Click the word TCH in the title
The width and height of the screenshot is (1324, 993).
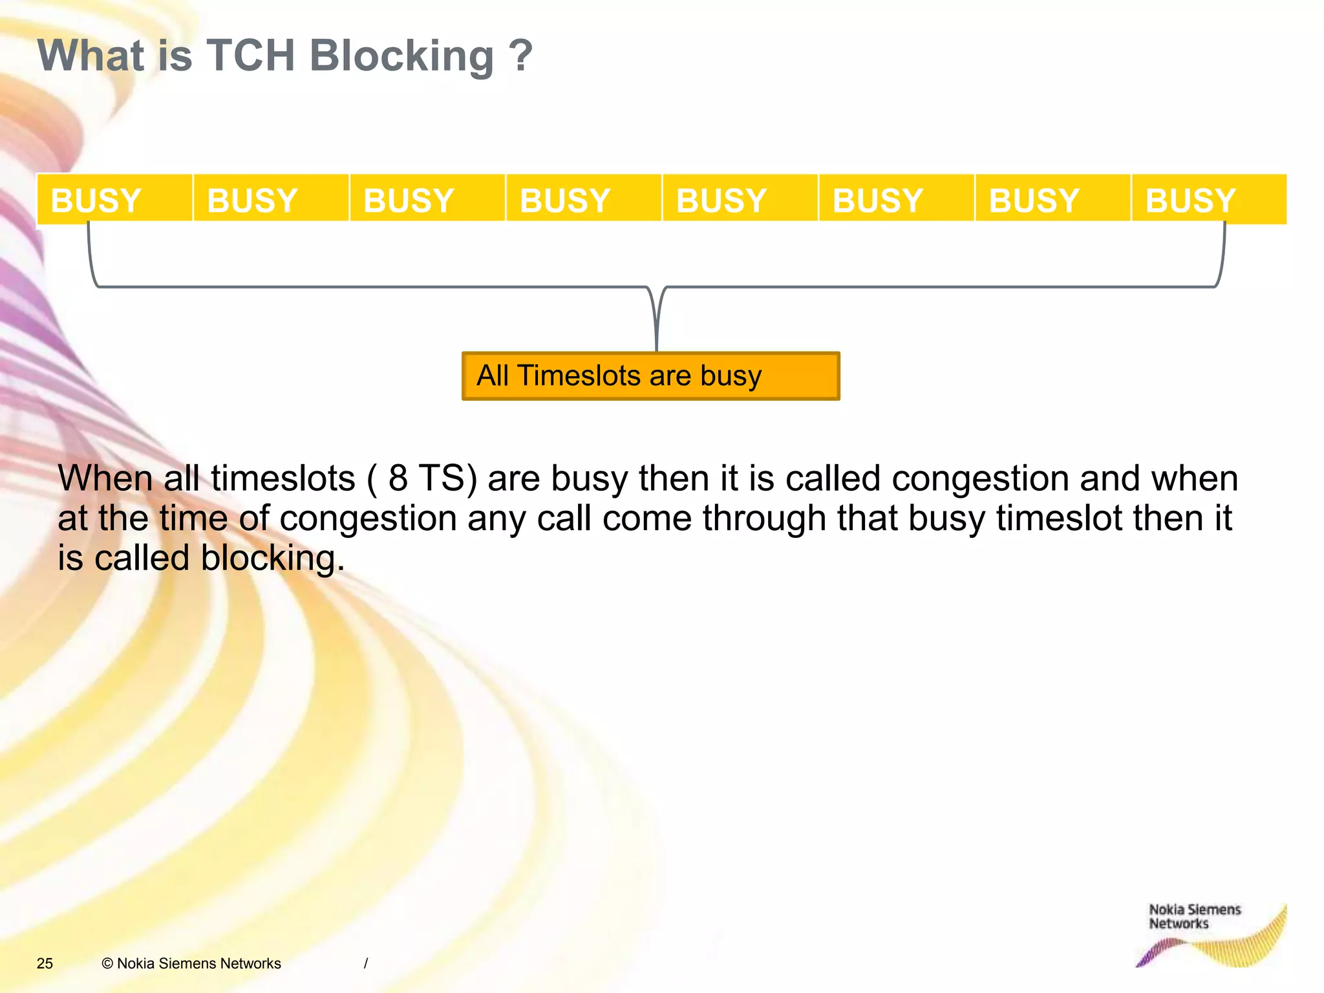pos(251,56)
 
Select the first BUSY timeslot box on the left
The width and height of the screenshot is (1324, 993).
pos(114,199)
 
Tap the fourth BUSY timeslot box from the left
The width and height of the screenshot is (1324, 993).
pos(583,199)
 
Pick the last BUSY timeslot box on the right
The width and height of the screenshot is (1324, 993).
pos(1208,199)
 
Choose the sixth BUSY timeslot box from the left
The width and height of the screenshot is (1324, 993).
pos(896,199)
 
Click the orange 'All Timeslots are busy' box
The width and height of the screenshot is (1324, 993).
pos(650,376)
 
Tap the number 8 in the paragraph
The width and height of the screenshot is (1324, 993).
pos(398,478)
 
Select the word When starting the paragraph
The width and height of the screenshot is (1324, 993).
pos(105,478)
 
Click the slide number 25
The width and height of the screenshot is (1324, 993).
pos(45,963)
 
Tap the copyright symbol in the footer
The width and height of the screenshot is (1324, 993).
pos(107,963)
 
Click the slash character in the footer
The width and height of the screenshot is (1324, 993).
pos(366,963)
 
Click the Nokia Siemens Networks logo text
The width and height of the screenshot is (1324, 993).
pos(1193,917)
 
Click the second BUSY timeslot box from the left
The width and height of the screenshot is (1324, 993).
pos(271,199)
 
